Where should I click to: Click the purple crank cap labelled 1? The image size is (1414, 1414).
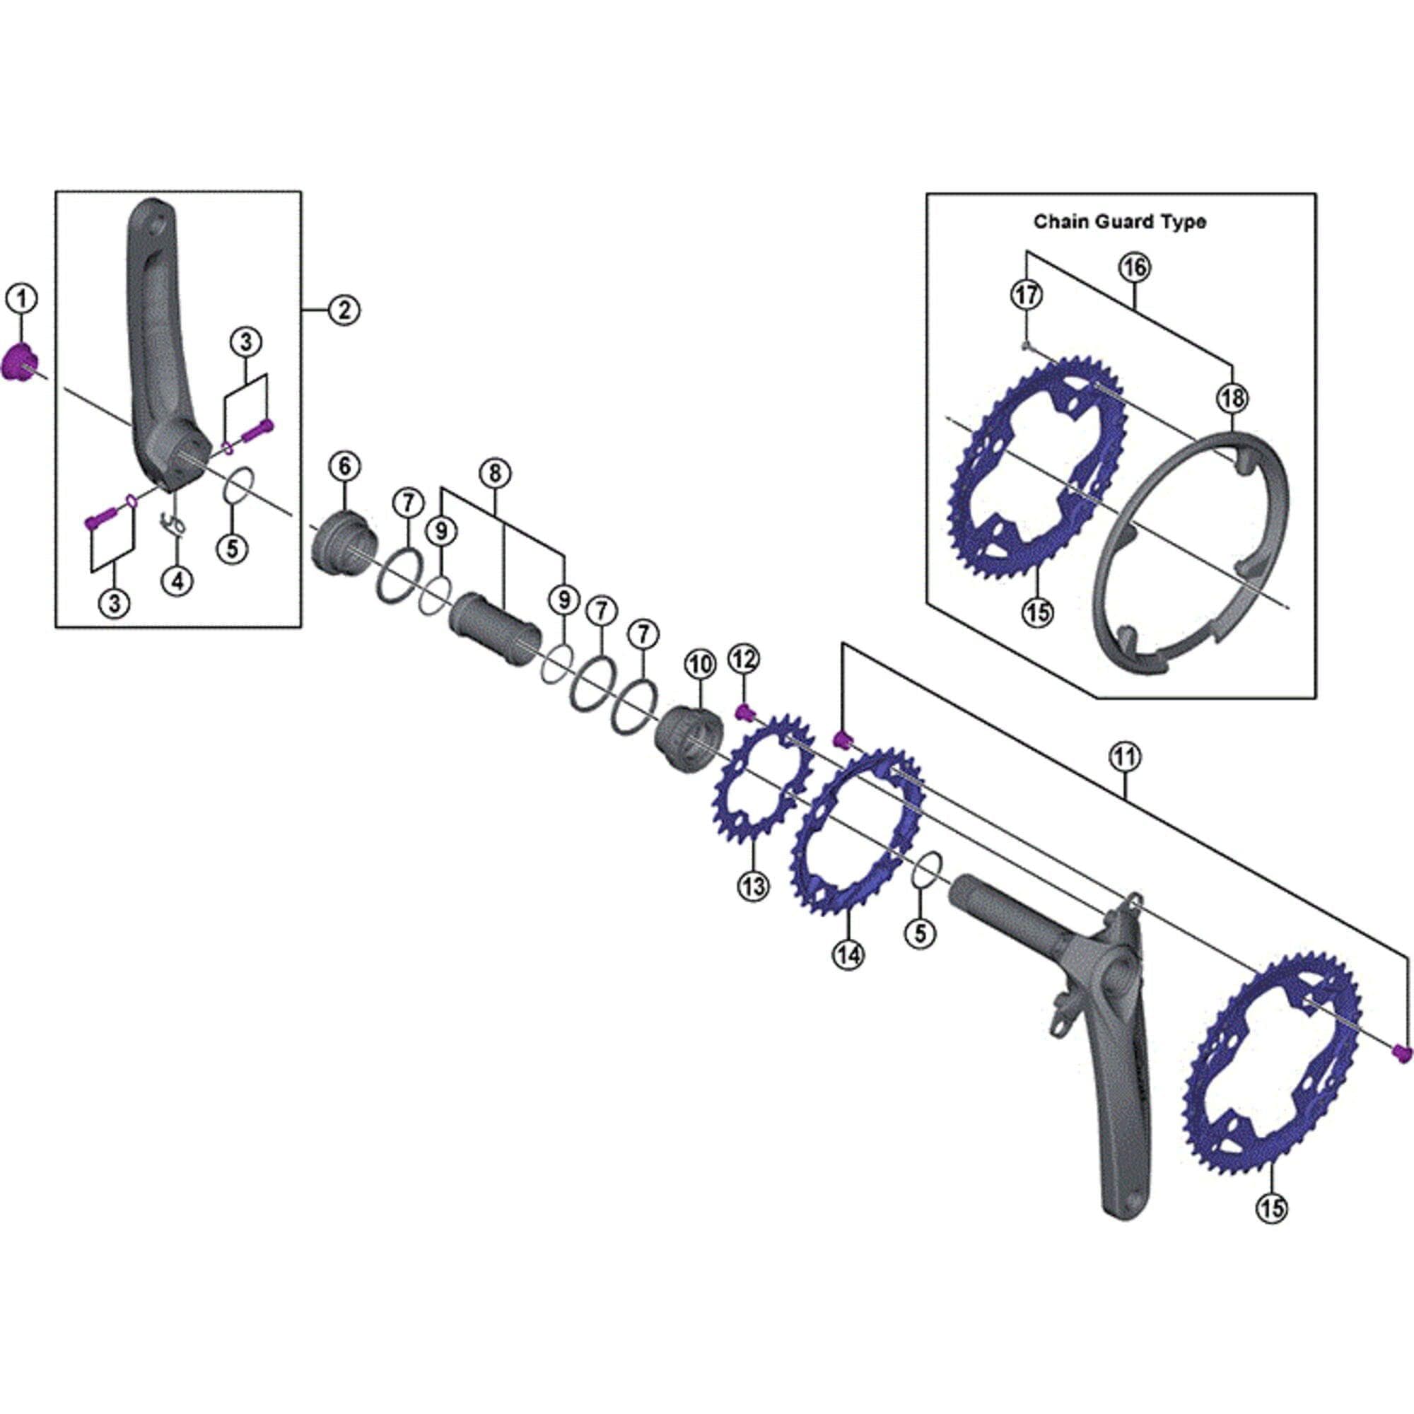20,362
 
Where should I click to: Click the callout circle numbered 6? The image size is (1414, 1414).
345,465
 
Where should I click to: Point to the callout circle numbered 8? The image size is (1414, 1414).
495,474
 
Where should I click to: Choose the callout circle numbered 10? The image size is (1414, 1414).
700,665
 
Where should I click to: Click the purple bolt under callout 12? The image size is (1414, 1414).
744,711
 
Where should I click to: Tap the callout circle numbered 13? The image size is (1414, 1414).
753,886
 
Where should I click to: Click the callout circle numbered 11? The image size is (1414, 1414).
1125,756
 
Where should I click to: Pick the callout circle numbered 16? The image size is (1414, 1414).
1134,268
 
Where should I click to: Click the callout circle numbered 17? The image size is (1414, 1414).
1026,295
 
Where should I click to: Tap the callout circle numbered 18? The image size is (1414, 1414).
1232,398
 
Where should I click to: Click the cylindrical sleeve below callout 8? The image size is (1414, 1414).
495,629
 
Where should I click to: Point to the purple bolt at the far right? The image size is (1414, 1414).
1400,1074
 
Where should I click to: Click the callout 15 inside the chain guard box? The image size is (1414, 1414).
1038,611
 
